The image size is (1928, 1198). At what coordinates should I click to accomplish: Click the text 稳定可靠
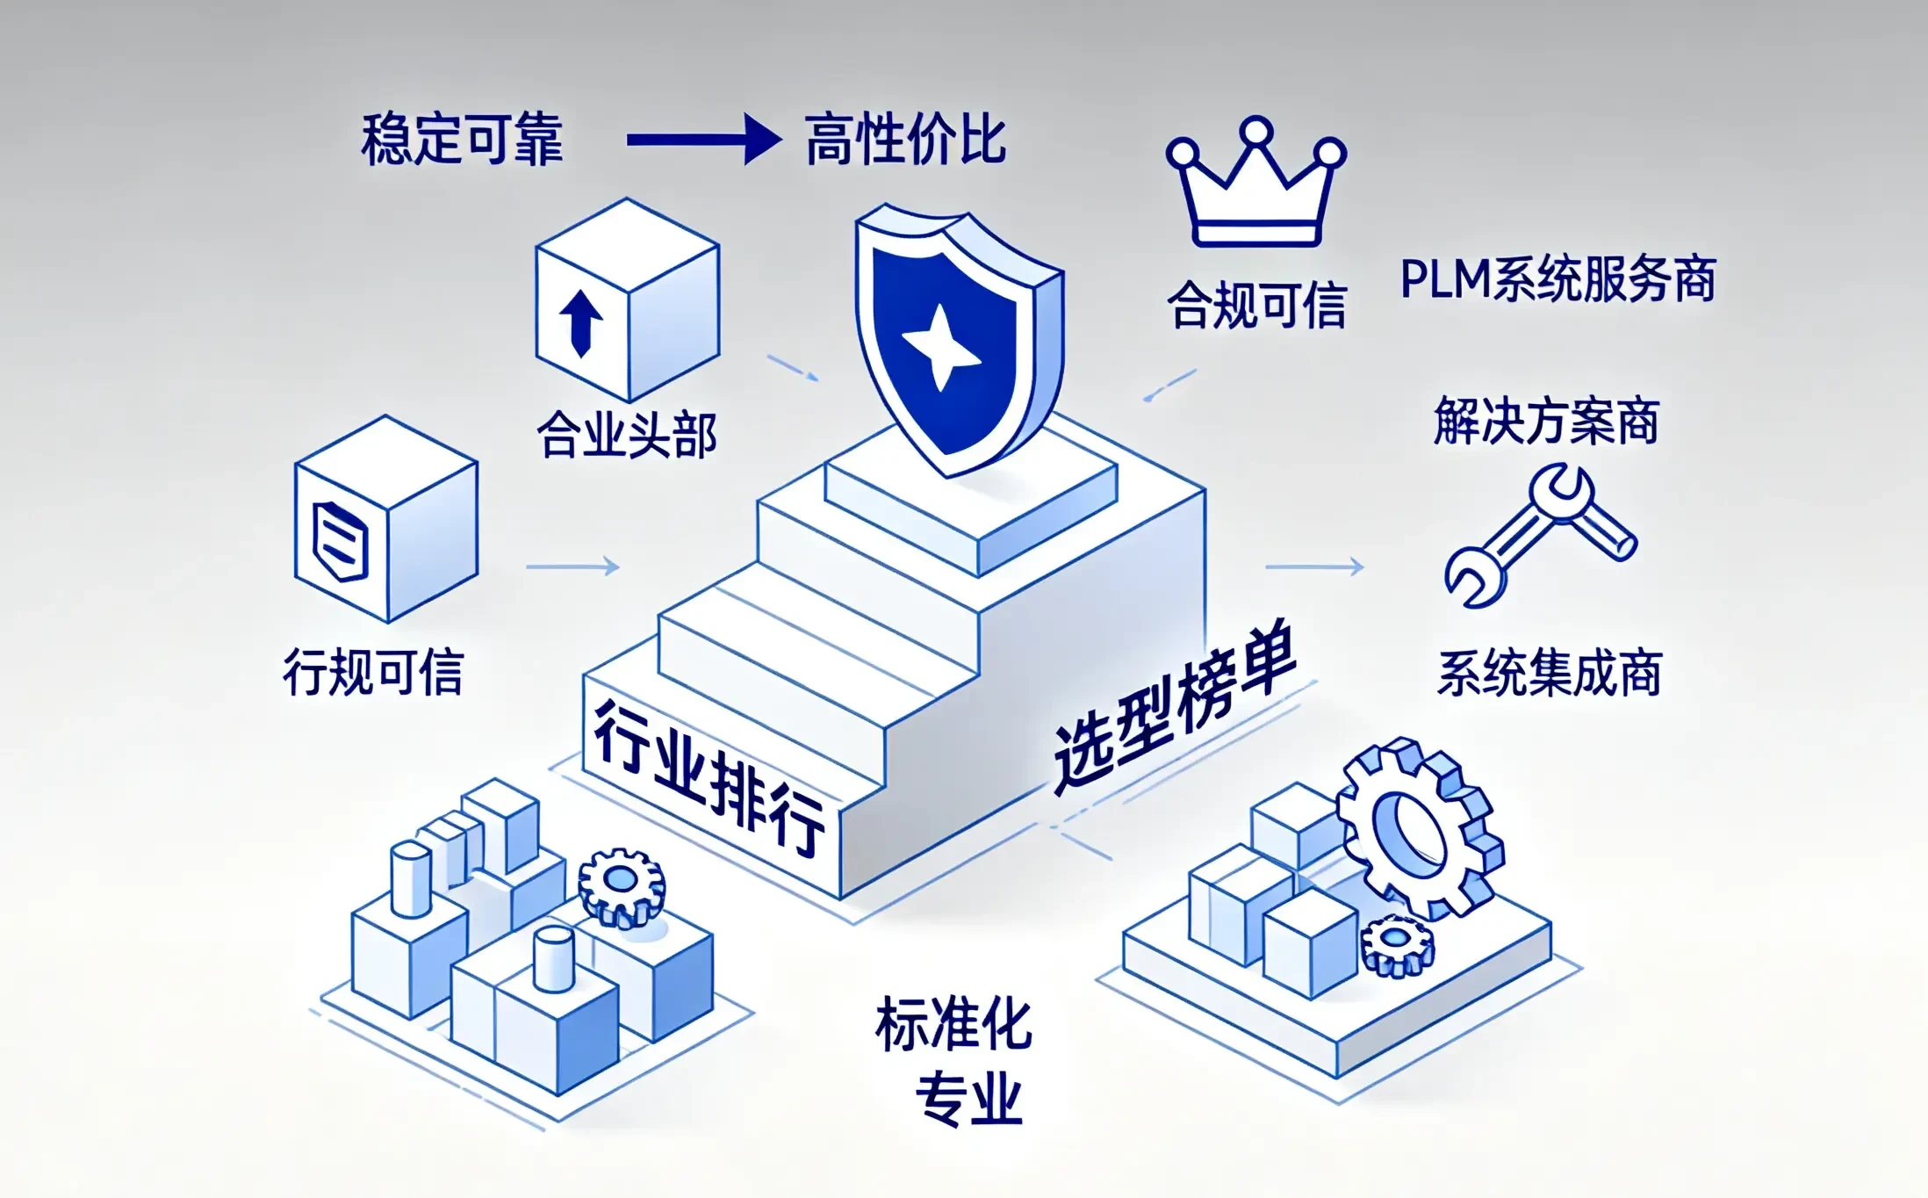tap(462, 140)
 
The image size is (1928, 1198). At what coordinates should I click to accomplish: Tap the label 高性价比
tap(905, 140)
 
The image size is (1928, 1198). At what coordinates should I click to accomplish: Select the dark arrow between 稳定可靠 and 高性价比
tap(704, 139)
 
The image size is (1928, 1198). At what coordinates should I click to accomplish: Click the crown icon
tap(1256, 181)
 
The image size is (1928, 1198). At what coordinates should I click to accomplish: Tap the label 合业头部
tap(627, 434)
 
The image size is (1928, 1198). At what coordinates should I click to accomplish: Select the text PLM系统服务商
tap(1558, 279)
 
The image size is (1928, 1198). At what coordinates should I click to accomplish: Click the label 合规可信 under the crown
tap(1256, 305)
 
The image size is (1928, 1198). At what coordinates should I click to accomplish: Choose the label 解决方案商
tap(1546, 421)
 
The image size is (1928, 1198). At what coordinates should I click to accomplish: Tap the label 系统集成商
tap(1550, 673)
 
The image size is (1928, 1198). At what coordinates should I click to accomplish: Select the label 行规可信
tap(373, 672)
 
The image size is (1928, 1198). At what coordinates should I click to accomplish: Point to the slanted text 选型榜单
tap(1175, 706)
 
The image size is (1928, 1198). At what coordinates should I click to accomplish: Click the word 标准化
tap(953, 1023)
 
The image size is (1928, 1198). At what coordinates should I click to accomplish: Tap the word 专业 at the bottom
tap(969, 1098)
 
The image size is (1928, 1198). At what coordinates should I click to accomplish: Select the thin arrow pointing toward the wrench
tap(1314, 567)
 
